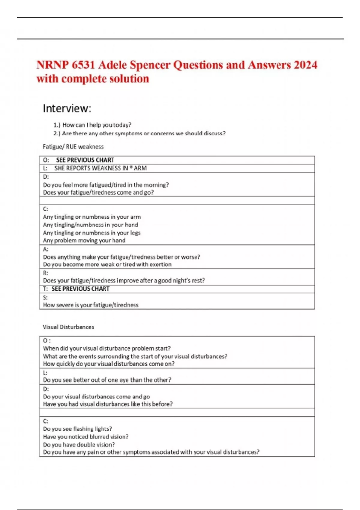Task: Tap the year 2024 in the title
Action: click(305, 65)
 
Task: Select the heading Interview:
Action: click(67, 108)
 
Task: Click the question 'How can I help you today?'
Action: click(97, 125)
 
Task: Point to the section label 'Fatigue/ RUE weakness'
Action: click(73, 147)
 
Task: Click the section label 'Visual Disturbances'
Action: click(68, 327)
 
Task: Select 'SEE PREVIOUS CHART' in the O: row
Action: click(85, 160)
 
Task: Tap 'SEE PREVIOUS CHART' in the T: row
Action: click(80, 289)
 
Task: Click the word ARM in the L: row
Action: click(140, 168)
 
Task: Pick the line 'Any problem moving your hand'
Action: click(84, 240)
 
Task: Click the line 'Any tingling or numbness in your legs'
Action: click(91, 232)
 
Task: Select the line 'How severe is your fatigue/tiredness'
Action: click(91, 305)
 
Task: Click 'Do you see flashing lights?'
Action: click(77, 429)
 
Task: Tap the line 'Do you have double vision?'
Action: click(79, 445)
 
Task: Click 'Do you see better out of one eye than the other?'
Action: click(107, 380)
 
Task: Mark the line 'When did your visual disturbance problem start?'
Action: click(106, 348)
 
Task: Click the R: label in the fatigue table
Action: click(46, 273)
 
